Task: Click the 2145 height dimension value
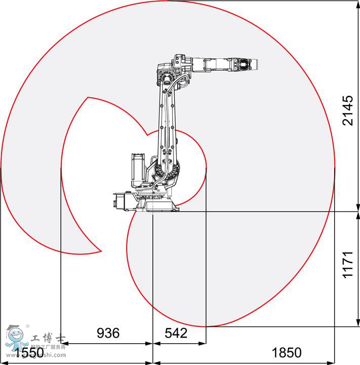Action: click(x=347, y=111)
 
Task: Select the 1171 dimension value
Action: click(x=347, y=264)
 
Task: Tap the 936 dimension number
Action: click(x=108, y=333)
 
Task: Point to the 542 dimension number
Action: click(x=176, y=333)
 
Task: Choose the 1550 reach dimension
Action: click(x=28, y=352)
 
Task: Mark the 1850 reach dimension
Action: click(x=287, y=352)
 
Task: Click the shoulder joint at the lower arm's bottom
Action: click(x=169, y=170)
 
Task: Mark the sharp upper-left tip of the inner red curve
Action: click(x=88, y=97)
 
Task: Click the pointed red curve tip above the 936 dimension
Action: click(x=101, y=250)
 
